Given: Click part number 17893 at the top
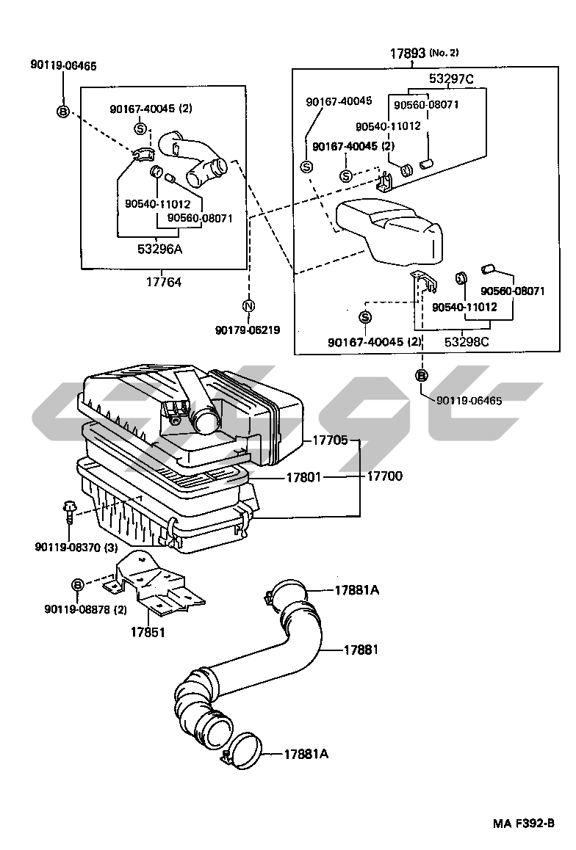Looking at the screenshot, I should [408, 54].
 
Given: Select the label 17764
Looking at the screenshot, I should [162, 282].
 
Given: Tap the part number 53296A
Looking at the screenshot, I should [159, 249].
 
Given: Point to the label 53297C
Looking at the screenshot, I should [451, 79].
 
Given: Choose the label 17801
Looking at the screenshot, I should [302, 477].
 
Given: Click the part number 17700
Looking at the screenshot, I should [384, 477].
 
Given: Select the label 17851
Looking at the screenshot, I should [148, 631].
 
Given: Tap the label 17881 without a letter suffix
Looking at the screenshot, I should [361, 650].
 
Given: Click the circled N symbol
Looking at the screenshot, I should [248, 306].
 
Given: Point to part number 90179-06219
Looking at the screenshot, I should [248, 330].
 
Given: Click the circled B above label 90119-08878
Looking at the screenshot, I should [77, 584].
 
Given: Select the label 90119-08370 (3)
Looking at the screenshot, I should [76, 547].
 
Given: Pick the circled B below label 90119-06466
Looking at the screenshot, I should [62, 112].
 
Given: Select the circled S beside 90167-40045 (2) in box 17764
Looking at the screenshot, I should [140, 129].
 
